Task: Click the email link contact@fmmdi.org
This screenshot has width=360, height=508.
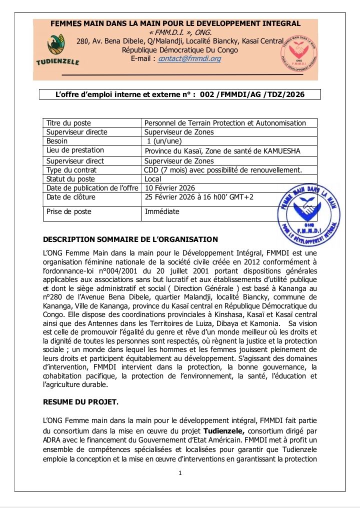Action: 189,58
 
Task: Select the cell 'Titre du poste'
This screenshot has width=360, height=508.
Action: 68,123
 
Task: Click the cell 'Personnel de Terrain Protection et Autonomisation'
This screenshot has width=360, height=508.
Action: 225,123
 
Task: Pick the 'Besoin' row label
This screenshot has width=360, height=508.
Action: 57,141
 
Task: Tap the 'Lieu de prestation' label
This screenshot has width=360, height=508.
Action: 75,150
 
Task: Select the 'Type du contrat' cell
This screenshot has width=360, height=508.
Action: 71,170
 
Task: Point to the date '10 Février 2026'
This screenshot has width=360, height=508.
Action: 169,188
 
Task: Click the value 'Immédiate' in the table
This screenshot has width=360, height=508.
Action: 161,211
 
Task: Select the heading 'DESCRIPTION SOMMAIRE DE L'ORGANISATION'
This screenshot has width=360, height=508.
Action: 130,239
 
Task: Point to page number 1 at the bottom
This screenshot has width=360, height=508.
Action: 180,473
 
